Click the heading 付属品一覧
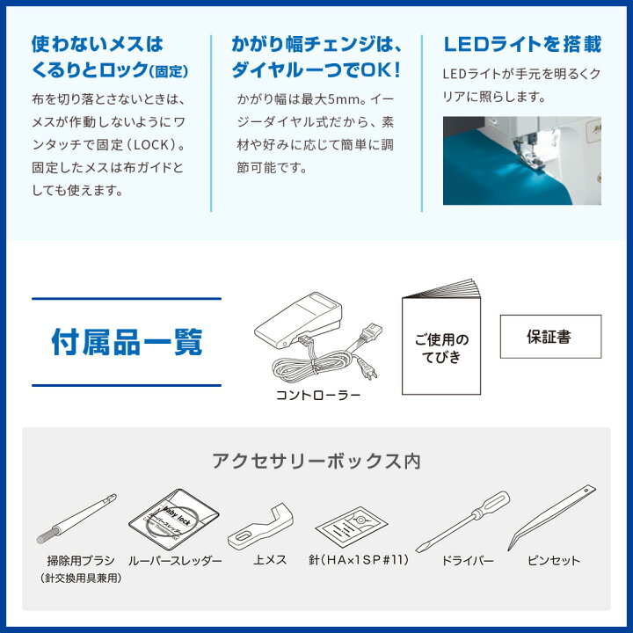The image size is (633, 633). click(127, 341)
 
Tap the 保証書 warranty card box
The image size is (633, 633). click(550, 336)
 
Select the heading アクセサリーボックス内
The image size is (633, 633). click(316, 460)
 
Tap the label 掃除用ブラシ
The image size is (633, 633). click(80, 560)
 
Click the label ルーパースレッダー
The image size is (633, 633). click(175, 560)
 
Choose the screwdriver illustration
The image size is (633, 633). click(462, 521)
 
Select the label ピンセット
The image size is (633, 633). click(554, 560)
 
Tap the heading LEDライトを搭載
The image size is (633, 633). click(522, 44)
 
